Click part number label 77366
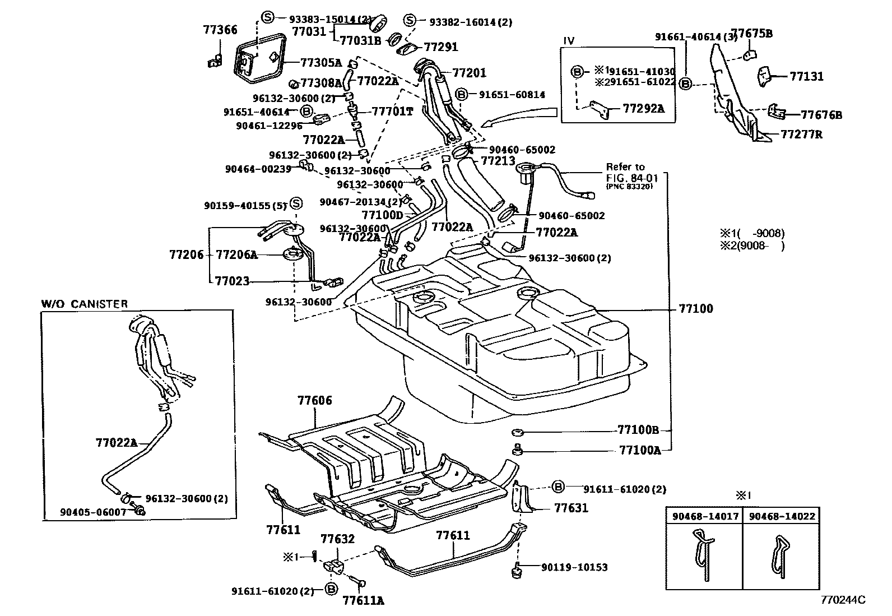pyautogui.click(x=220, y=30)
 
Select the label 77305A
pyautogui.click(x=320, y=63)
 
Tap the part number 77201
pyautogui.click(x=469, y=73)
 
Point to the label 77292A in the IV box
pyautogui.click(x=643, y=108)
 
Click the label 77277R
pyautogui.click(x=801, y=135)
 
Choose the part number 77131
pyautogui.click(x=806, y=76)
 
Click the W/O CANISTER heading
pyautogui.click(x=85, y=304)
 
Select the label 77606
pyautogui.click(x=314, y=400)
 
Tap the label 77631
pyautogui.click(x=571, y=508)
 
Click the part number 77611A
pyautogui.click(x=363, y=601)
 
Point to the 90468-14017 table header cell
pyautogui.click(x=704, y=516)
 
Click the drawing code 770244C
pyautogui.click(x=843, y=600)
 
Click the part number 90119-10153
pyautogui.click(x=574, y=567)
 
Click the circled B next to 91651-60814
pyautogui.click(x=462, y=95)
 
